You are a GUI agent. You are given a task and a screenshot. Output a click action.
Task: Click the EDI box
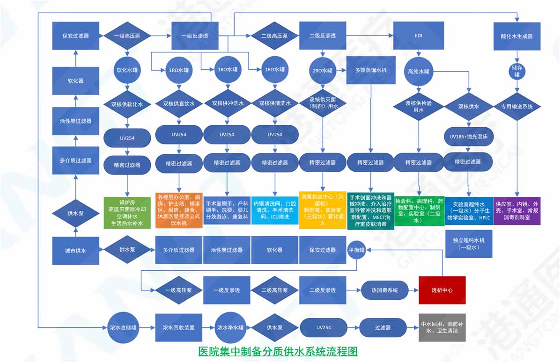pos(418,36)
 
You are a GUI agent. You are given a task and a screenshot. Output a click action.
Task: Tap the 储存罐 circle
pos(516,71)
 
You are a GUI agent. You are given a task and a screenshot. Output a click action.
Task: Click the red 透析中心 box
pos(442,290)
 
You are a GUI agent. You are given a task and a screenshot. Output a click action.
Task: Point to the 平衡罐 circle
pos(357,249)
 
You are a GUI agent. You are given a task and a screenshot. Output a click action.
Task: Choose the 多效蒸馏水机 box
pos(371,70)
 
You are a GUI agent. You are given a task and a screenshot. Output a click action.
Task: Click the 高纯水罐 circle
pos(418,71)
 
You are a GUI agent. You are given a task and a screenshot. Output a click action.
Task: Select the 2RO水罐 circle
pos(322,71)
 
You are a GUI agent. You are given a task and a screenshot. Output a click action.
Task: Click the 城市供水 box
pos(75,250)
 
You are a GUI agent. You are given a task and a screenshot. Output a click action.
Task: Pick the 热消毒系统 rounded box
pos(384,290)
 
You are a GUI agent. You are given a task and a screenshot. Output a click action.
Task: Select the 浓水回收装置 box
pos(178,327)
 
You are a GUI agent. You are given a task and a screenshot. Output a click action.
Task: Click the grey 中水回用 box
pos(442,327)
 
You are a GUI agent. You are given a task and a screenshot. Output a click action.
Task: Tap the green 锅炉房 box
pos(126,212)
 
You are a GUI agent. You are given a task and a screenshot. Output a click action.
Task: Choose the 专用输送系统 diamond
pos(517,106)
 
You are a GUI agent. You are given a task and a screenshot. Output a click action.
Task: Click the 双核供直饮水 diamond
pos(178,103)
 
